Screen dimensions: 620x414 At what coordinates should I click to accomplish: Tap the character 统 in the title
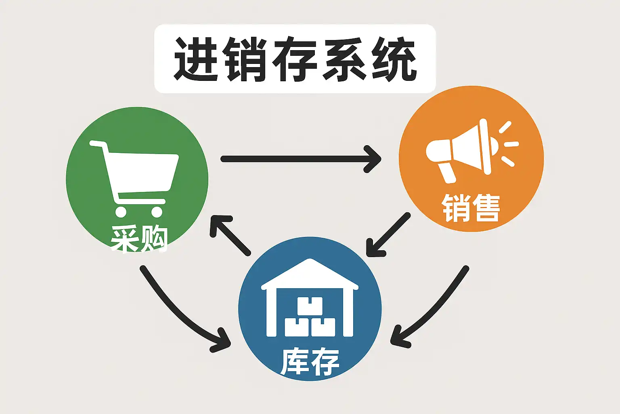point(394,59)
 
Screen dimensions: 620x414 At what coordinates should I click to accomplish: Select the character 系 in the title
point(345,59)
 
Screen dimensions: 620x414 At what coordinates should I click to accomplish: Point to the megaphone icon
point(472,151)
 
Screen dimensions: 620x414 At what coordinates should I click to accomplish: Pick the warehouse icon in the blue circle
point(310,298)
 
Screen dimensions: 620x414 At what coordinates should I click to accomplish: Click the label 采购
point(139,239)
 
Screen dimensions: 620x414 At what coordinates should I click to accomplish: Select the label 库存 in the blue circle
point(310,361)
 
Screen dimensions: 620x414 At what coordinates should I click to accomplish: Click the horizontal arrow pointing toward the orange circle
point(301,159)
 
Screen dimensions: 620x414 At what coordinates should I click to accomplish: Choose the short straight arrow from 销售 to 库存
point(388,234)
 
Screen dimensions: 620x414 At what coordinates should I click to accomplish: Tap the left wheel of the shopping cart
point(121,212)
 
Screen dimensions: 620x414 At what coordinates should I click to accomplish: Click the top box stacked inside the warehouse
point(310,306)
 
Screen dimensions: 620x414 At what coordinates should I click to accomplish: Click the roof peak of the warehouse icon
point(310,260)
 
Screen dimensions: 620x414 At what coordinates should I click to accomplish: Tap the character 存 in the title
point(295,59)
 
